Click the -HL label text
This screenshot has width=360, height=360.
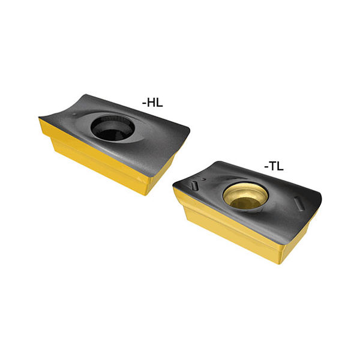point(152,103)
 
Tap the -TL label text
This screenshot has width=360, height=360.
point(274,166)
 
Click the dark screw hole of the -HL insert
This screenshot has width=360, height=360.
point(112,128)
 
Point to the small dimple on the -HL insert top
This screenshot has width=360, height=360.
point(74,115)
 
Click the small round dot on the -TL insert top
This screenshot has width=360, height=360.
point(203,179)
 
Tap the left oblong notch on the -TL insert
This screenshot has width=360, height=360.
point(194,185)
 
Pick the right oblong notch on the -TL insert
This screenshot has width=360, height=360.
point(299,203)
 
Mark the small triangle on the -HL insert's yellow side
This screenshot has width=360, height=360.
point(139,179)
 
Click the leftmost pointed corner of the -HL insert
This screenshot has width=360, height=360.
point(38,118)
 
